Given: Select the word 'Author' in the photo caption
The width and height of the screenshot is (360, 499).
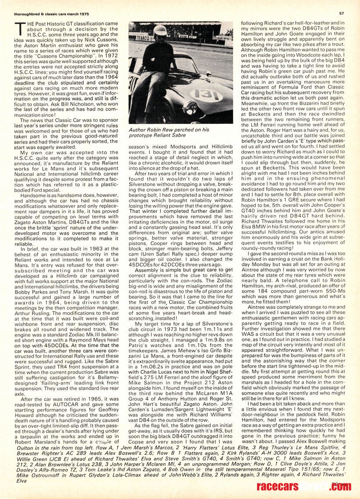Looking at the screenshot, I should pos(138,130).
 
